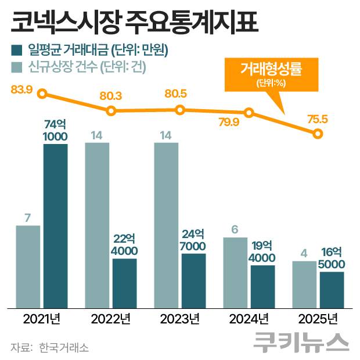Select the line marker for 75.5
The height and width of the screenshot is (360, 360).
click(x=318, y=134)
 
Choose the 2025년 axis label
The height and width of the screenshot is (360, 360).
click(x=318, y=319)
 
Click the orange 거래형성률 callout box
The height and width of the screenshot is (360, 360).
click(x=271, y=74)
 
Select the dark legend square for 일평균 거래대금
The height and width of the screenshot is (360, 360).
click(x=17, y=51)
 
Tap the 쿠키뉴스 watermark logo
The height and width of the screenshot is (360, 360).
click(x=301, y=342)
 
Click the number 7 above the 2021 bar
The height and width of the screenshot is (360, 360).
click(x=27, y=217)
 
